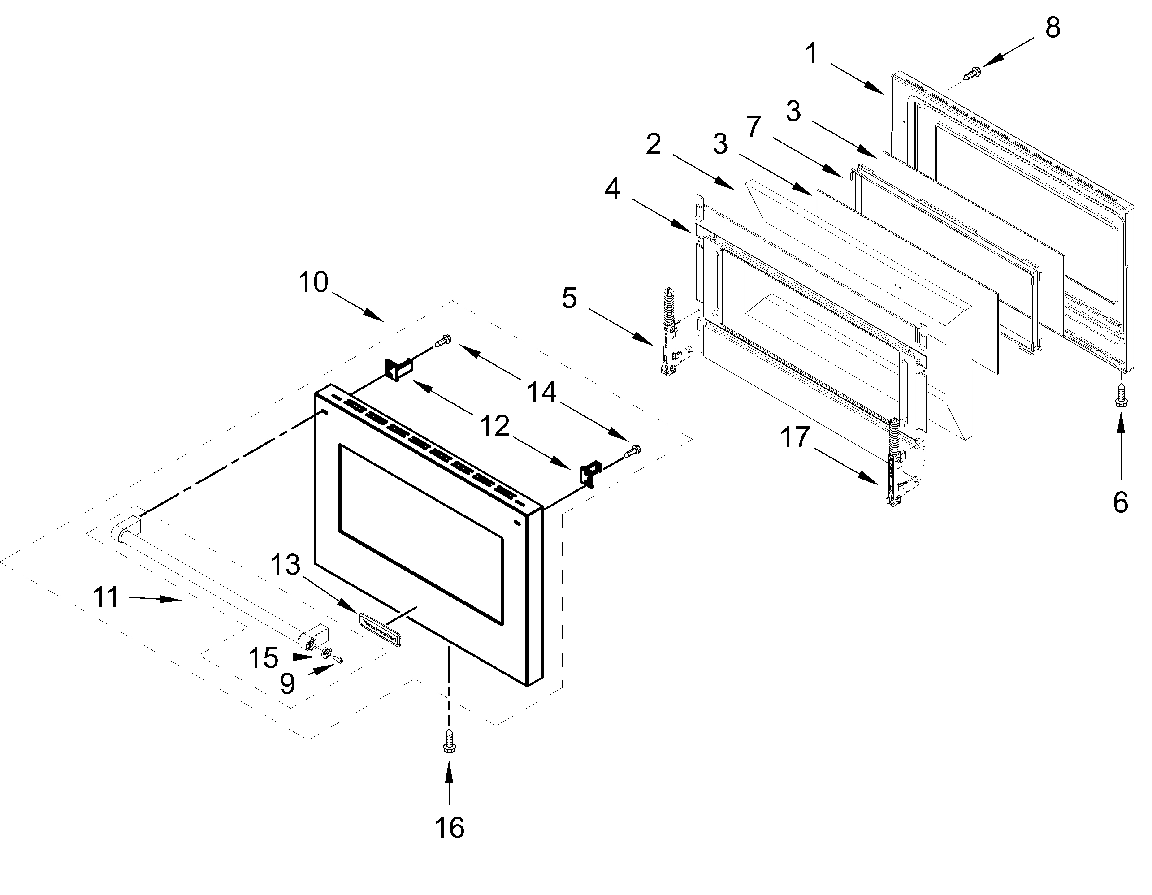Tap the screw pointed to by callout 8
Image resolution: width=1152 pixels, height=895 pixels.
[972, 72]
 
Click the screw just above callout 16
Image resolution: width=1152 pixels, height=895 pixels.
[450, 741]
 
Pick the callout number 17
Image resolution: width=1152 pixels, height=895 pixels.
[794, 437]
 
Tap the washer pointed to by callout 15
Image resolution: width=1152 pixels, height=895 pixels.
[328, 654]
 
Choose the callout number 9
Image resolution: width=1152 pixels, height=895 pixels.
[287, 684]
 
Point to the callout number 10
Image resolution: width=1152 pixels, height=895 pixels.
[313, 282]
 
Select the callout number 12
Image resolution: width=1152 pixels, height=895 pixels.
[494, 426]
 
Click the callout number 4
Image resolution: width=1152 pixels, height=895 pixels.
[612, 188]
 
